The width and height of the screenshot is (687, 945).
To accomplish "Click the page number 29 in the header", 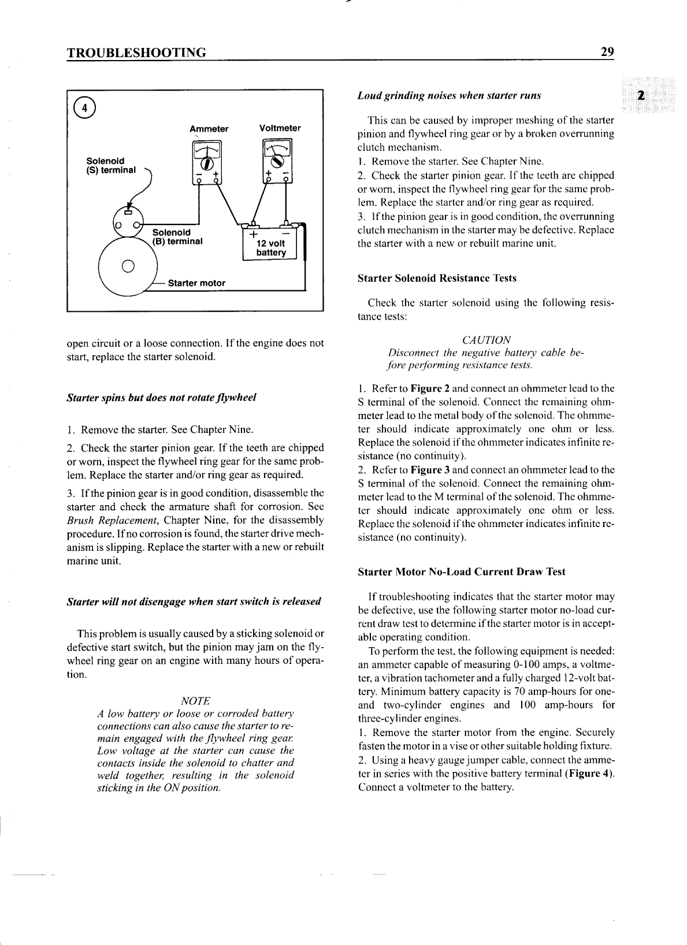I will (607, 52).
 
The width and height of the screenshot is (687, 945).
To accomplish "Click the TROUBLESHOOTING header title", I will (137, 53).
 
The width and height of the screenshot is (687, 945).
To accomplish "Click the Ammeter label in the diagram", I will (209, 129).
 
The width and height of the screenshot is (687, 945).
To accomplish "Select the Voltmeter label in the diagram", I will (280, 128).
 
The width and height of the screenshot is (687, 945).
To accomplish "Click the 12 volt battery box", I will (270, 244).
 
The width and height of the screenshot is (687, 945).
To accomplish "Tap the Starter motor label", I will (196, 283).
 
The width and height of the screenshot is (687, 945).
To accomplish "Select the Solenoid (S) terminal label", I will (110, 165).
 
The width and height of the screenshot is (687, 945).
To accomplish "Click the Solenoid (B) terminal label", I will (177, 237).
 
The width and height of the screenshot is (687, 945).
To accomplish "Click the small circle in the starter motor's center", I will (129, 267).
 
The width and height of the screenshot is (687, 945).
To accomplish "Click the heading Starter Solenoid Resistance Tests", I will (437, 278).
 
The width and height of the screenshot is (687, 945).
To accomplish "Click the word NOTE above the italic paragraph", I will (195, 701).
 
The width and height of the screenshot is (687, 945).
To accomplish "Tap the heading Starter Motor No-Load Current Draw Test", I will (462, 572).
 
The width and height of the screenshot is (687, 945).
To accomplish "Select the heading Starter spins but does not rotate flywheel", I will (162, 398).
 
